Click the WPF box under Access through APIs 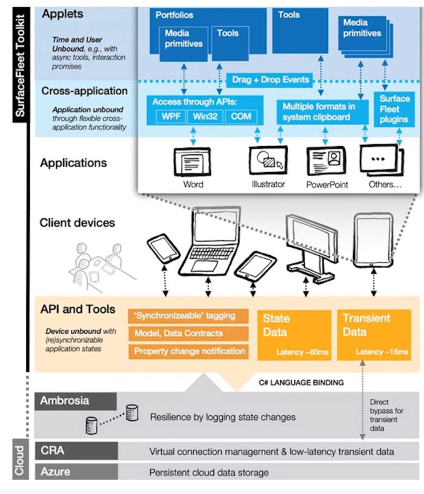point(171,116)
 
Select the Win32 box point(205,116)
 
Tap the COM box point(241,116)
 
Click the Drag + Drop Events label point(270,80)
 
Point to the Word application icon point(193,162)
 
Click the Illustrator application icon point(268,161)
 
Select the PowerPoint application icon point(326,161)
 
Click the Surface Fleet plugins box point(394,109)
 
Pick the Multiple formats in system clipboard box point(322,112)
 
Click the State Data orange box point(294,335)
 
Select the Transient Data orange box point(374,335)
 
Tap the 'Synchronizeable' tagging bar point(188,316)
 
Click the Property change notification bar point(188,352)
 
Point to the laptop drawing point(210,241)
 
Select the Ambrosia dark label point(76,401)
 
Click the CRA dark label point(76,450)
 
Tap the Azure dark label point(76,472)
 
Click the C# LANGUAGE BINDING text point(301,383)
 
